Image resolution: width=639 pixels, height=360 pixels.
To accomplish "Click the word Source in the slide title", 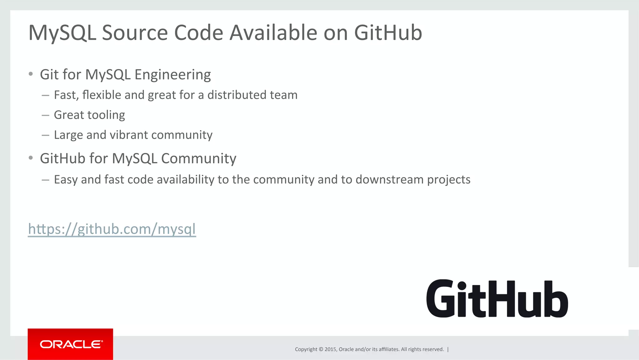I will (135, 32).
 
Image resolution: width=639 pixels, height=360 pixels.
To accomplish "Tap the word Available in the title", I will (273, 32).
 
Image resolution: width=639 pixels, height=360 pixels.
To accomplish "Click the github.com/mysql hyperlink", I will (112, 229).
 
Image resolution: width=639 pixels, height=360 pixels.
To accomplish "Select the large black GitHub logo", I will (497, 299).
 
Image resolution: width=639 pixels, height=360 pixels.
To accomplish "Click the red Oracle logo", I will (71, 344).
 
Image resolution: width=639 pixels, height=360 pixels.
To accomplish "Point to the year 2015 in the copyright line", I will (330, 349).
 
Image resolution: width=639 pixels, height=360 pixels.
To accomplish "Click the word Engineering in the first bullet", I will (173, 75).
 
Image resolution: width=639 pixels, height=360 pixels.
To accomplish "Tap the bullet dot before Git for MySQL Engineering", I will (31, 74).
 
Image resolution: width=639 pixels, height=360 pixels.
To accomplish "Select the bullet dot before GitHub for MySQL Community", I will (31, 158).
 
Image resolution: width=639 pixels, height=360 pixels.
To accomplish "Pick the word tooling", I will (106, 115).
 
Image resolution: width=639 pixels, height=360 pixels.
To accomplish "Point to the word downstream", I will (389, 180).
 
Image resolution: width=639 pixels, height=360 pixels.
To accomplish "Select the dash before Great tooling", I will (46, 115).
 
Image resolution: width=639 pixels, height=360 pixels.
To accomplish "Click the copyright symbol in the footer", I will (321, 349).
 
